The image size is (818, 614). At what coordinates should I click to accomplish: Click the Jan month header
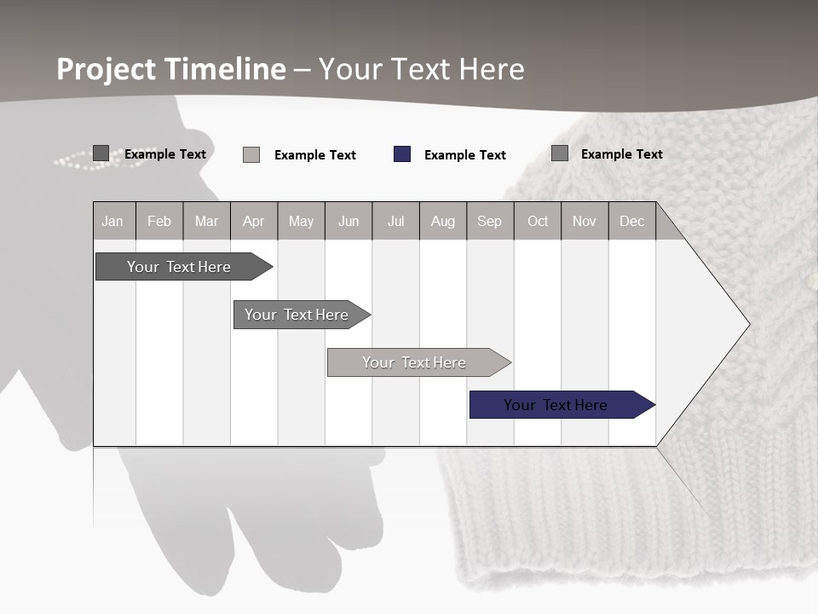coord(112,221)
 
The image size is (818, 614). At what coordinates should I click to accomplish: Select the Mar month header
coord(206,221)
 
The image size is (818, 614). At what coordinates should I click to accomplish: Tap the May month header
coord(301,221)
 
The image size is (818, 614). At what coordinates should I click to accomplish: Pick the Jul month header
coord(395,221)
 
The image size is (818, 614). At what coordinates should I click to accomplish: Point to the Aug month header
coord(442,221)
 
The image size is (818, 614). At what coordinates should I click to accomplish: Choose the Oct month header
coord(538,221)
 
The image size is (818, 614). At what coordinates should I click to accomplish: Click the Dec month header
coord(631,221)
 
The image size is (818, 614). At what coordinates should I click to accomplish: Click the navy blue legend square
coord(402,154)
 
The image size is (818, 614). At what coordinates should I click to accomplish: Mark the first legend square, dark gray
coord(101,153)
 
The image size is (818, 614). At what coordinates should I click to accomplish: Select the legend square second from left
coord(251,154)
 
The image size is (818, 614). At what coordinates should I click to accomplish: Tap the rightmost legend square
coord(560,153)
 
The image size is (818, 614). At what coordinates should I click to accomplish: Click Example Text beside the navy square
coord(465,155)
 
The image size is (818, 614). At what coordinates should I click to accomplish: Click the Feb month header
coord(159,221)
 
